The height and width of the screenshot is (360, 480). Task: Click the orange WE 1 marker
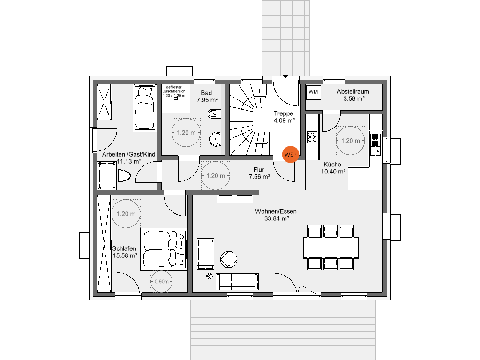coord(291,155)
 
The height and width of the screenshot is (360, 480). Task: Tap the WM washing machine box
coord(313,92)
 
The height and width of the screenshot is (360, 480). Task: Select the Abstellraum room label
coord(353,91)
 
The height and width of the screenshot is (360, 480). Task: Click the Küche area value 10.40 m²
coord(333,172)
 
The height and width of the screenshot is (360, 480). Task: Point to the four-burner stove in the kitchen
coord(312,137)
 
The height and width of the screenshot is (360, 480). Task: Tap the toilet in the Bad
coord(214,113)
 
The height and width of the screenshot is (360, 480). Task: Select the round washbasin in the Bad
coord(215,139)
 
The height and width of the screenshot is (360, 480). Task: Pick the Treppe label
coord(284,113)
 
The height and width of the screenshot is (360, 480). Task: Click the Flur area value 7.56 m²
coord(259,177)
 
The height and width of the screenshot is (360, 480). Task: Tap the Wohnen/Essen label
coord(276,211)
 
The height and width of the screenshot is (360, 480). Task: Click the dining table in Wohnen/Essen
coord(330,247)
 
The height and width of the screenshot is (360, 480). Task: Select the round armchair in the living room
coord(229,260)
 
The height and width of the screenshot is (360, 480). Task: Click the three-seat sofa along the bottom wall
coord(237,282)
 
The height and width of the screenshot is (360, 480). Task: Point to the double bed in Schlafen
coord(164,249)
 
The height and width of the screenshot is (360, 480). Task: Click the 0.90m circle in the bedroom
coord(161,281)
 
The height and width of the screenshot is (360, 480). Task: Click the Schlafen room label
coord(124,248)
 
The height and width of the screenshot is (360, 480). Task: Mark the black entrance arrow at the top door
coord(285,76)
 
